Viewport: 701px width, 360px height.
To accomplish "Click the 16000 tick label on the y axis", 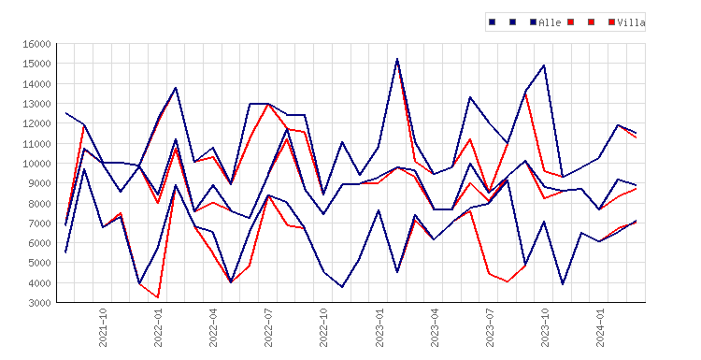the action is point(37,44).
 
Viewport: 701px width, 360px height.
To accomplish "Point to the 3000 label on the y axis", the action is point(40,303).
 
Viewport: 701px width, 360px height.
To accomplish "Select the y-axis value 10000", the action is point(37,164).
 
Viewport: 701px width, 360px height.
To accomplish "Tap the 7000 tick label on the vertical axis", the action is point(40,223).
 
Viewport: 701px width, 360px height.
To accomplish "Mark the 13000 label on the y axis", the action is point(37,104).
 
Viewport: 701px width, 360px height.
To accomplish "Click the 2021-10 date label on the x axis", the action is point(103,327).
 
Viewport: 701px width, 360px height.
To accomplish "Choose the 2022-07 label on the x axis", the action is point(268,327).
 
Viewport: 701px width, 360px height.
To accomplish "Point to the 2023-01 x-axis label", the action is point(379,327).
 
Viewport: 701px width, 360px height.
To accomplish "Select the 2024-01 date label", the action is point(600,327).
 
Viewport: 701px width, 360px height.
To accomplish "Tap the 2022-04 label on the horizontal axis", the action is point(213,327).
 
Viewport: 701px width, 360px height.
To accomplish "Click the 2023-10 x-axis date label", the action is point(545,327).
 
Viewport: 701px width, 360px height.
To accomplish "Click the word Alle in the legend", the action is point(550,22).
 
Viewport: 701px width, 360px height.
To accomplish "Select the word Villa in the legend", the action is point(631,22).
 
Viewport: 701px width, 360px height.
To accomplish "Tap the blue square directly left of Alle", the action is point(533,22).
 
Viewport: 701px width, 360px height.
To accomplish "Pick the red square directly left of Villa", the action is point(611,22).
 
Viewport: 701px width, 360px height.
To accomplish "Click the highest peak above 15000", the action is point(397,59).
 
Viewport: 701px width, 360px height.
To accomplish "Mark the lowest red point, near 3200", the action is point(158,297).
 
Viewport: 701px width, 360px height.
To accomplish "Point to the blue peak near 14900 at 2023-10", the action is point(544,65).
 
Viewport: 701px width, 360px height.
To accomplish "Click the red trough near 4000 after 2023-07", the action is point(508,281).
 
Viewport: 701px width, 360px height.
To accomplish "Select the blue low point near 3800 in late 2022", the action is point(342,287).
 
